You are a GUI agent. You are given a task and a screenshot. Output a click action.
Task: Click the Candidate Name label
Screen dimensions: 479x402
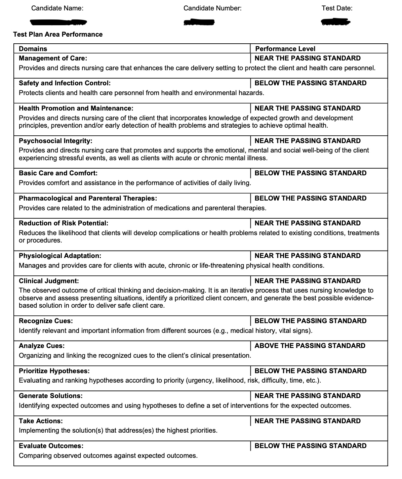pyautogui.click(x=57, y=8)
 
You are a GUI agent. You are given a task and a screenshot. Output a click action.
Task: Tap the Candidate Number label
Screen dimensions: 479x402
pyautogui.click(x=212, y=8)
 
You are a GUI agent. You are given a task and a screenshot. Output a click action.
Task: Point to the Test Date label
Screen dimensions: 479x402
pyautogui.click(x=337, y=8)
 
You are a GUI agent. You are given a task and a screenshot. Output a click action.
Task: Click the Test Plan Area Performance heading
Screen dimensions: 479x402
pyautogui.click(x=58, y=34)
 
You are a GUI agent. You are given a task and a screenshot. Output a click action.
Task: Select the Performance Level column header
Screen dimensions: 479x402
pyautogui.click(x=285, y=49)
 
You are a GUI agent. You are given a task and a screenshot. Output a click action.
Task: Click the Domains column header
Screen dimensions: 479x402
pyautogui.click(x=33, y=49)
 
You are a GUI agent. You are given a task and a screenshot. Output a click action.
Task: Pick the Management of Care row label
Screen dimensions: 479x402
pyautogui.click(x=53, y=58)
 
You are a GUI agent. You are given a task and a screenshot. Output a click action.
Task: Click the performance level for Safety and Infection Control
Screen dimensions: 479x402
pyautogui.click(x=311, y=83)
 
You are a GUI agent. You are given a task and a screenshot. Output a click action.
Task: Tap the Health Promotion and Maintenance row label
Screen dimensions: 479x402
pyautogui.click(x=76, y=108)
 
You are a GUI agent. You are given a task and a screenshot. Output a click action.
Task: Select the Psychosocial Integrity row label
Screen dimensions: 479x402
pyautogui.click(x=55, y=141)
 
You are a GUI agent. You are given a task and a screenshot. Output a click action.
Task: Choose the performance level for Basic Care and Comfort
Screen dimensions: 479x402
pyautogui.click(x=311, y=173)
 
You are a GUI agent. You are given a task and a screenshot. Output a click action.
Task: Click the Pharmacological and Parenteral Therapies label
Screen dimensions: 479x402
pyautogui.click(x=88, y=198)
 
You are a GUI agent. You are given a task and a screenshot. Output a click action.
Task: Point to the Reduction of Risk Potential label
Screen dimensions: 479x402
pyautogui.click(x=64, y=223)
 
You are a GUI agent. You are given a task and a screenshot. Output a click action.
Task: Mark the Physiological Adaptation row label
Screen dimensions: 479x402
pyautogui.click(x=60, y=256)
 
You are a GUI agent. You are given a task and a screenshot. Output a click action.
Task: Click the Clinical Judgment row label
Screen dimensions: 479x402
pyautogui.click(x=49, y=281)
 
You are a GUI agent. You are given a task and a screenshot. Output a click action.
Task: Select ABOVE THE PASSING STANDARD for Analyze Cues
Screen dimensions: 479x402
pyautogui.click(x=310, y=346)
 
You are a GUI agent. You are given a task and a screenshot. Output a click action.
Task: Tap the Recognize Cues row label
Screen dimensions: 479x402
pyautogui.click(x=46, y=321)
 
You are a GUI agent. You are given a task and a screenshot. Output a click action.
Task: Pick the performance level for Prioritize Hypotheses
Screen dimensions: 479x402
pyautogui.click(x=311, y=371)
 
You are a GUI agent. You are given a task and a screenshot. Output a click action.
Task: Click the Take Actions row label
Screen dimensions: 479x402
pyautogui.click(x=41, y=421)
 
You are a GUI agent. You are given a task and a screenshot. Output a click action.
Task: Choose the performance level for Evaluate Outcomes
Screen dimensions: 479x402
pyautogui.click(x=311, y=446)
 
